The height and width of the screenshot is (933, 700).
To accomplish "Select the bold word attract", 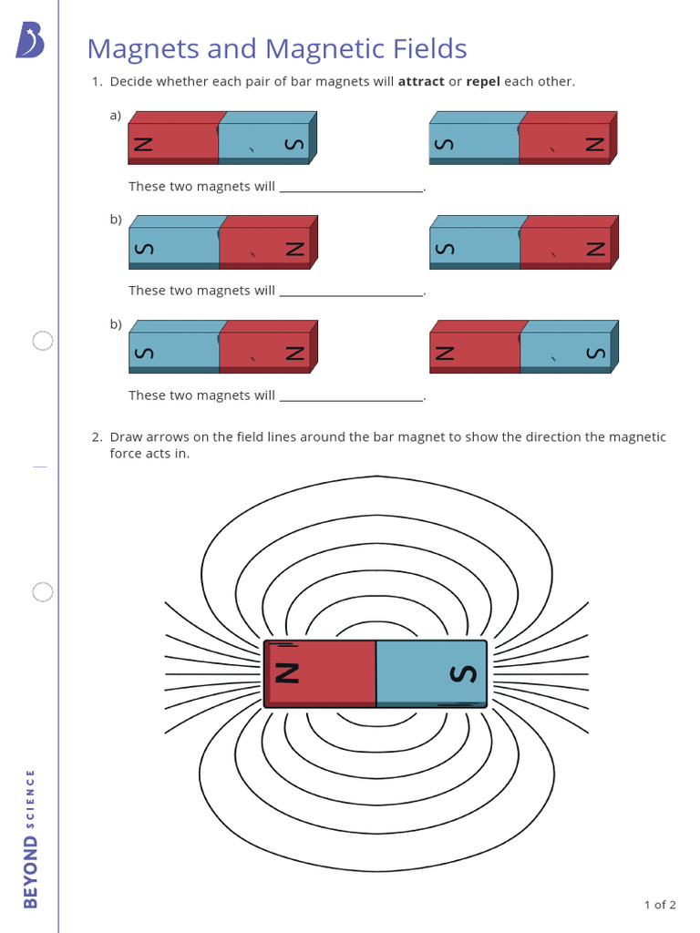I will point(421,82).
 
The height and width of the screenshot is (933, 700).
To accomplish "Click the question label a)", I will point(116,115).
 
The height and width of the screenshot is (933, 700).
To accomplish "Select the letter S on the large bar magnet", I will point(464,673).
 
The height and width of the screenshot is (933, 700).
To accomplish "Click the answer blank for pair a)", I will point(351,188).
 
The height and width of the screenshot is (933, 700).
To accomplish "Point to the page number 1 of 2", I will point(660,905).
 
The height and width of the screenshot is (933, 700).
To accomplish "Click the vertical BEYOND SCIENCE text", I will point(31,838).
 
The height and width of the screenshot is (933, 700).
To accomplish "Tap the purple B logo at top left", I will point(29,41).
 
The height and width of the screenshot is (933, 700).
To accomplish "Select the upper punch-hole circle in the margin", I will point(43,341).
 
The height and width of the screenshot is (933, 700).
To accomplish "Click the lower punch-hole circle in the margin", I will point(43,592).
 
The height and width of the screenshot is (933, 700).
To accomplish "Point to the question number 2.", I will point(97,437).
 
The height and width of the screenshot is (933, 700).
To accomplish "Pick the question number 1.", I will point(97,82).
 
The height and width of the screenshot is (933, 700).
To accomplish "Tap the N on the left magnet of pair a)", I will point(142,144).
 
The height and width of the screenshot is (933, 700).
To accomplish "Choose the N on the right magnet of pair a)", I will point(594,144).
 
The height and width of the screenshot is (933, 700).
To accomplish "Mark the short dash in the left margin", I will point(39,466).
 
